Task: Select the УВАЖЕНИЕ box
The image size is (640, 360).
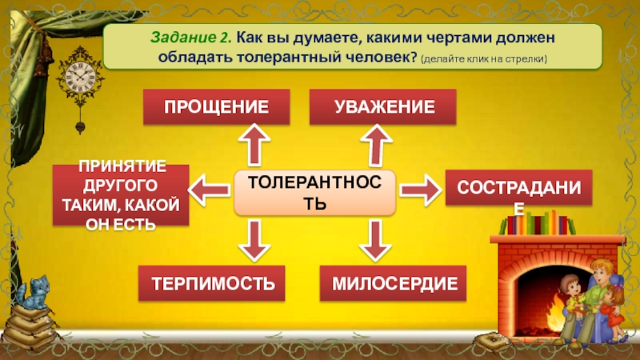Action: pos(383,106)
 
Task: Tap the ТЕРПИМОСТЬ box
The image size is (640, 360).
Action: pos(212,283)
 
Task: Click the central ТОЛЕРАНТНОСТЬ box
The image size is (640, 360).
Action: pos(315,192)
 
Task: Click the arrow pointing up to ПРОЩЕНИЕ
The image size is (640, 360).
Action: pos(255,146)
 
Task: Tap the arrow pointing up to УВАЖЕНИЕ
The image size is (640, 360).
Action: pos(374,146)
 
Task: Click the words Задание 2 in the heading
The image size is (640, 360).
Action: pos(190,38)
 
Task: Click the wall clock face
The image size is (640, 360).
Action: pos(80,78)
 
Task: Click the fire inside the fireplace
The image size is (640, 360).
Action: pos(552,308)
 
